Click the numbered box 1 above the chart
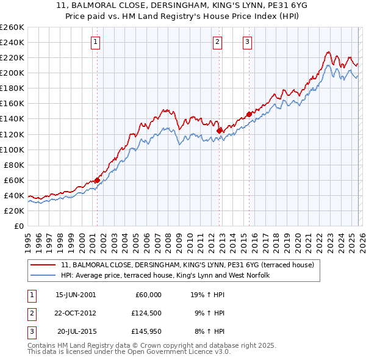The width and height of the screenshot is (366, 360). [x=96, y=42]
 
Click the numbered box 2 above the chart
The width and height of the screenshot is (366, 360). [x=218, y=42]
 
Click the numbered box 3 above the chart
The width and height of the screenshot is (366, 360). [x=248, y=42]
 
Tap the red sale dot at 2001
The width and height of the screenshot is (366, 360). [x=97, y=180]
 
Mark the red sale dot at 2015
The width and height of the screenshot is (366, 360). [x=249, y=114]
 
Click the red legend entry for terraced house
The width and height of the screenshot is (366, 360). [x=187, y=265]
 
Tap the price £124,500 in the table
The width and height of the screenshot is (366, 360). [x=146, y=313]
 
